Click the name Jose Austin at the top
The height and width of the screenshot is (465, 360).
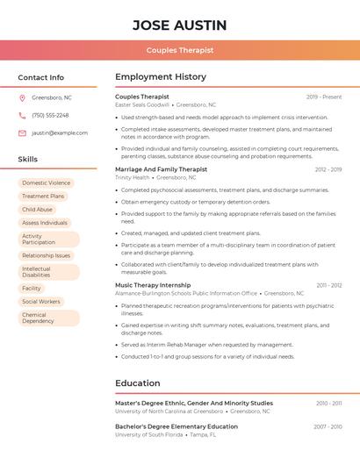[180, 25]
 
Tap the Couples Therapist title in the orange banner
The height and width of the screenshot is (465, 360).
[180, 50]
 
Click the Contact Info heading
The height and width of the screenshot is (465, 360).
[40, 77]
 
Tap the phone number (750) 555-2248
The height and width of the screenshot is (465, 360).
[50, 115]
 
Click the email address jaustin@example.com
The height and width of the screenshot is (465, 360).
[54, 132]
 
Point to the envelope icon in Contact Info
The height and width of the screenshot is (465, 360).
[22, 132]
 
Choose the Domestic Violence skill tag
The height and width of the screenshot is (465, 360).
[46, 183]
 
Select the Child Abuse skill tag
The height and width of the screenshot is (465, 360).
[37, 210]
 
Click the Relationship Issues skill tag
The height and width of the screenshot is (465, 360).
[46, 255]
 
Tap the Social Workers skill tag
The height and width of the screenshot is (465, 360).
[40, 301]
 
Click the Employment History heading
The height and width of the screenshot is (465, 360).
[161, 77]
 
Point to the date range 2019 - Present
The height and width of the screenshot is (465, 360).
[324, 97]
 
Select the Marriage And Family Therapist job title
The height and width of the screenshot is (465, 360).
[162, 169]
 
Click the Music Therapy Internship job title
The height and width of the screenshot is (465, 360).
[153, 285]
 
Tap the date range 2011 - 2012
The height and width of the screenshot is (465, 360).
[329, 285]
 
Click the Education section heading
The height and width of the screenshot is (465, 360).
[138, 383]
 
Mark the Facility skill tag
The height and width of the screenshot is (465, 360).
[32, 288]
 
